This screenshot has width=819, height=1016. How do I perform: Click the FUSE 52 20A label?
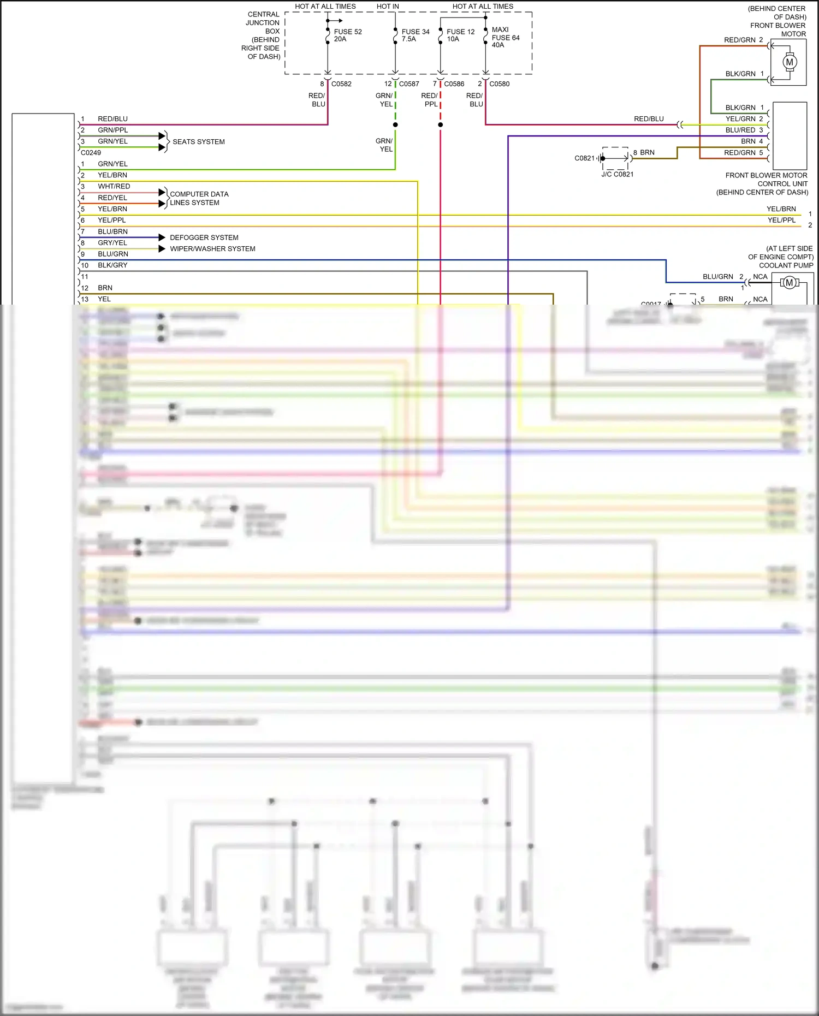347,35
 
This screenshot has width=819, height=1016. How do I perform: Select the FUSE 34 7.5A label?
415,35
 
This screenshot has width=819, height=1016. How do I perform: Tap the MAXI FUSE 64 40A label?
505,37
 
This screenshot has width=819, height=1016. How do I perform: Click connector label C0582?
341,84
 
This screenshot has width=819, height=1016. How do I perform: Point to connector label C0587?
409,84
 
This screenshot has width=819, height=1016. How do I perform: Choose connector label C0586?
454,84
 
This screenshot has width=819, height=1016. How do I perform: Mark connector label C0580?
499,84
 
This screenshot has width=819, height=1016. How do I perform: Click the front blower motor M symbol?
789,62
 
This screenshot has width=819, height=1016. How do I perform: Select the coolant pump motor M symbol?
789,282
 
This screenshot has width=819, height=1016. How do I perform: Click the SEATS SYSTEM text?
199,142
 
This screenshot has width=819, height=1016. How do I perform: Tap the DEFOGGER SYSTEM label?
204,237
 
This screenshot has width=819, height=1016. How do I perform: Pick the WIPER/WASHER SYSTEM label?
212,249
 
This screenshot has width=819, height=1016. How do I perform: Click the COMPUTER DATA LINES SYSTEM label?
199,198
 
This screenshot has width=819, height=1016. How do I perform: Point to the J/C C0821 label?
617,175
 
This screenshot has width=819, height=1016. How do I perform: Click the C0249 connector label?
91,153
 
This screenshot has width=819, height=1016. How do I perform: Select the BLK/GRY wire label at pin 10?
112,265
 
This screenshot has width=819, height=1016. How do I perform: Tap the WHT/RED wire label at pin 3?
114,187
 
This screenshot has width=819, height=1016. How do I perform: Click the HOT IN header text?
388,7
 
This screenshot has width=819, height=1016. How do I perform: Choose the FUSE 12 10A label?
460,35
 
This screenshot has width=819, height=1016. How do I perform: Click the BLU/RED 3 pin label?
744,130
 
